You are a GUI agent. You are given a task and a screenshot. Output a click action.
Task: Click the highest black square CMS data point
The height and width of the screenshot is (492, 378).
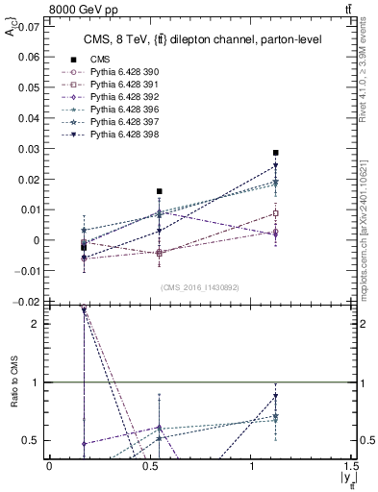click(276, 153)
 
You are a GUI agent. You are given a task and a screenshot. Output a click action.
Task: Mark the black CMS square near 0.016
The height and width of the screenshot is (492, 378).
click(160, 191)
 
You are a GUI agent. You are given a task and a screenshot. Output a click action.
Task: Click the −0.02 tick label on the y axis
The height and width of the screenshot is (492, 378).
click(27, 302)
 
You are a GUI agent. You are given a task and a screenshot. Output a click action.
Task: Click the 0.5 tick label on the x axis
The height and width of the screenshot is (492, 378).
click(150, 466)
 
